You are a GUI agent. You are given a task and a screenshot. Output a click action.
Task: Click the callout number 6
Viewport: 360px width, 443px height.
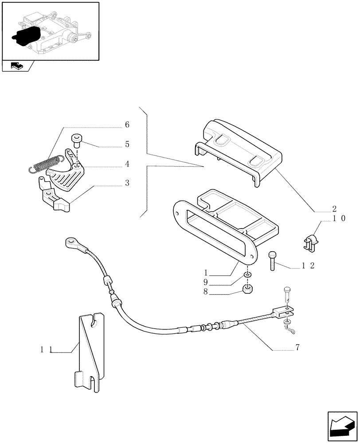tap(127, 125)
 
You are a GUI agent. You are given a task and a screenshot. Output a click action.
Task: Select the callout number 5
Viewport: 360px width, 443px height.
tap(127, 144)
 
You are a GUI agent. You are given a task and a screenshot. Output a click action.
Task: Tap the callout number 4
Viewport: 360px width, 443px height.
tap(127, 164)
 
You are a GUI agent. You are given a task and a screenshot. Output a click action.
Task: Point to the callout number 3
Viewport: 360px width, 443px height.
tap(127, 183)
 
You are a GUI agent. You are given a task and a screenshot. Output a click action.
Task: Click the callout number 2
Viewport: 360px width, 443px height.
tap(334, 209)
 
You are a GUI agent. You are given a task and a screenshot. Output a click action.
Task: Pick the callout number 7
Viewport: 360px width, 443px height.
tap(297, 348)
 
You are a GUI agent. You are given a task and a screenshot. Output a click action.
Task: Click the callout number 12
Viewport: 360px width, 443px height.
tap(308, 266)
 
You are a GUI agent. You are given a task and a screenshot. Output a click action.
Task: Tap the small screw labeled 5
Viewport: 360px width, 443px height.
tap(77, 140)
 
